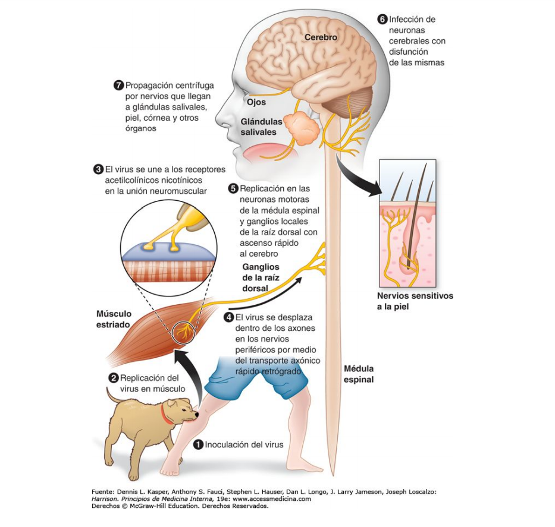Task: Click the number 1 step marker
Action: [199, 444]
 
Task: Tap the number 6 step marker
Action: [383, 19]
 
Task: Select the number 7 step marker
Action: [118, 86]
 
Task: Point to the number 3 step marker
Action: [99, 169]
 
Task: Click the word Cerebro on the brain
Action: [321, 37]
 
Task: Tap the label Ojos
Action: [256, 102]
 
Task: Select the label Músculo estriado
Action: [114, 319]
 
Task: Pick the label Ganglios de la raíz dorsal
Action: [261, 277]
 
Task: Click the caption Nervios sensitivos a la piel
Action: [415, 301]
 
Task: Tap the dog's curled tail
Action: [111, 395]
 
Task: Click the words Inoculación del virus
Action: [244, 444]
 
